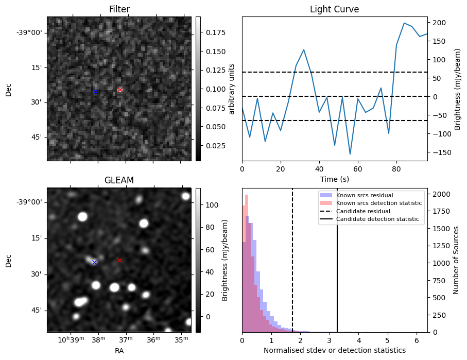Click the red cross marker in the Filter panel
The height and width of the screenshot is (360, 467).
(120, 90)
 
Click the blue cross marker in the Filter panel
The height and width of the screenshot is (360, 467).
(95, 92)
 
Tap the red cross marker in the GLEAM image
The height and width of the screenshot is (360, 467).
(119, 260)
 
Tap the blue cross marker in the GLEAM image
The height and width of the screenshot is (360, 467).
(94, 262)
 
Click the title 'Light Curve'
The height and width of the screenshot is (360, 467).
(334, 9)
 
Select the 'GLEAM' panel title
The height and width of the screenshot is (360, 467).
(119, 180)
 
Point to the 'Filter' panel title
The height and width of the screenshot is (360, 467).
(119, 9)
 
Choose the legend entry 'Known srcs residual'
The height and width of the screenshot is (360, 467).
(364, 196)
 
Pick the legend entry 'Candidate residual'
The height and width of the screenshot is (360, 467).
(362, 212)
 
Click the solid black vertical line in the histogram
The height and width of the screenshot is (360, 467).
(337, 268)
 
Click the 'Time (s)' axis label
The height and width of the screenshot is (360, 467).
(334, 178)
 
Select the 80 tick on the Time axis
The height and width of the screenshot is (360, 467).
(396, 168)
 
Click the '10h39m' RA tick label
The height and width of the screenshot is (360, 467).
(70, 340)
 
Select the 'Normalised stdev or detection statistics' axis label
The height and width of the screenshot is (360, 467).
(334, 350)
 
